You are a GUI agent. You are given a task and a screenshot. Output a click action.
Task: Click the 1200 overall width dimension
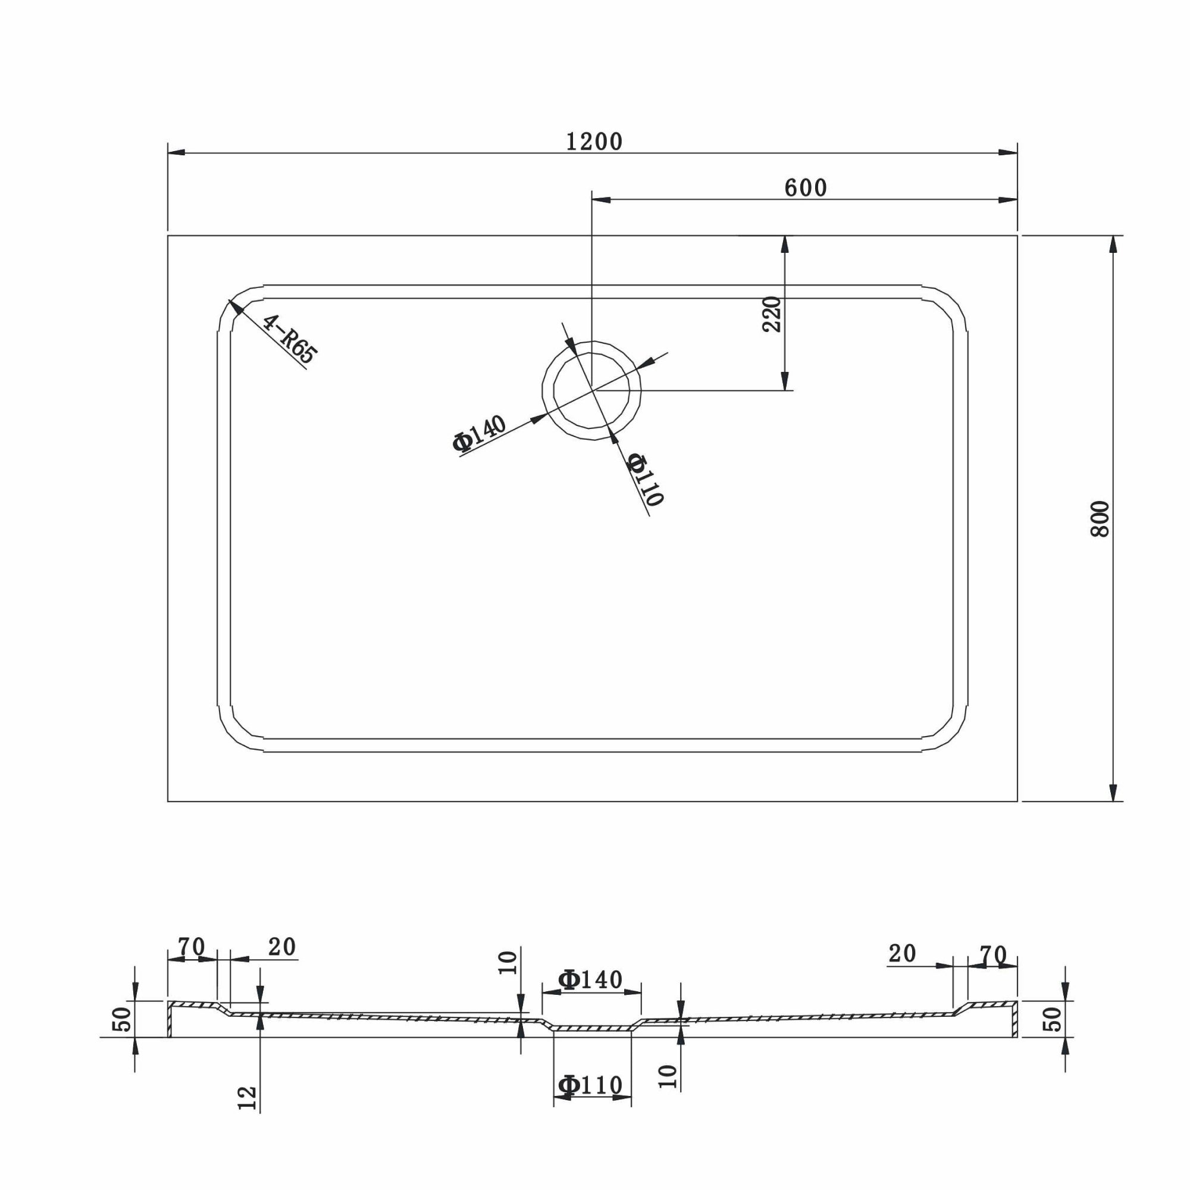(x=594, y=142)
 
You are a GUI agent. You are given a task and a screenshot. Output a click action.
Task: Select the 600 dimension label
(x=806, y=188)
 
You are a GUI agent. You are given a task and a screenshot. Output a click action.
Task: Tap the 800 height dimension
(x=1100, y=519)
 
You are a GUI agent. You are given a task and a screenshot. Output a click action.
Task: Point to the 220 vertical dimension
(x=772, y=314)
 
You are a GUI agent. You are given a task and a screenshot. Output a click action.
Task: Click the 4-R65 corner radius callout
(x=290, y=339)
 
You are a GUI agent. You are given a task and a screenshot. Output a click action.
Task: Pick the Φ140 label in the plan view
(x=479, y=433)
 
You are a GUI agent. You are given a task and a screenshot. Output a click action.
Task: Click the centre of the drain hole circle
(x=591, y=390)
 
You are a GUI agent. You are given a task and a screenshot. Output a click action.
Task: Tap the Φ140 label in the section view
(x=590, y=979)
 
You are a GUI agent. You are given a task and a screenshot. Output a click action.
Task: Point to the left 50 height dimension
(x=122, y=1019)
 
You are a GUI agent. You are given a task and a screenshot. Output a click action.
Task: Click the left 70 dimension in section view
(x=192, y=947)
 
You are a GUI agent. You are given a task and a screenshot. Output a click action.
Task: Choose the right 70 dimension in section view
(x=993, y=954)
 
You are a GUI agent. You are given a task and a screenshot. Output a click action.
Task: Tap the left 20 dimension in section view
(x=282, y=947)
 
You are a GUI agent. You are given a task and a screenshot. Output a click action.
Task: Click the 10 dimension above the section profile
(x=508, y=963)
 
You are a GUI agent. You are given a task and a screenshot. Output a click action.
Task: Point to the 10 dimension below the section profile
(x=668, y=1076)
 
